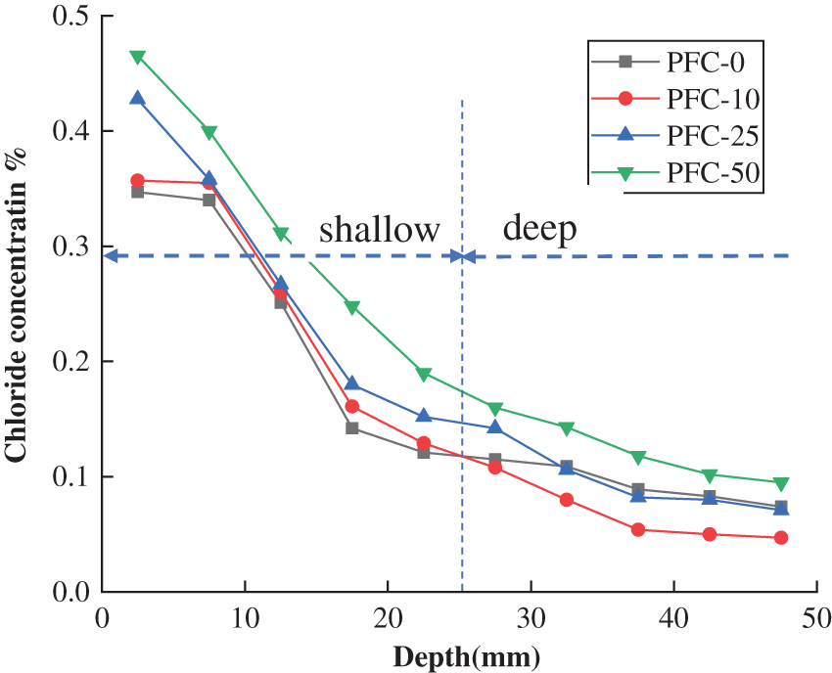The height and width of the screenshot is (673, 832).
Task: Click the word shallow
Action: pos(380,230)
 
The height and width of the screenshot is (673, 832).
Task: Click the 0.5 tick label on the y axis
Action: pos(68,17)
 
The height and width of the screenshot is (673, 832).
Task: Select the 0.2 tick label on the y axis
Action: pos(68,362)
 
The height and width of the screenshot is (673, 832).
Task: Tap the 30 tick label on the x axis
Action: pos(531,620)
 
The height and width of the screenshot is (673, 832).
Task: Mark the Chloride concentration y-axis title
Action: pos(17,303)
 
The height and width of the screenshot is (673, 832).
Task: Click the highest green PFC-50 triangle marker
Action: pos(138,57)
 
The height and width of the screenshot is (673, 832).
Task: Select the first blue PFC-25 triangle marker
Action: pos(138,98)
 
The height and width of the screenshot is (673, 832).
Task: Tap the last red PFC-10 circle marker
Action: pos(781,538)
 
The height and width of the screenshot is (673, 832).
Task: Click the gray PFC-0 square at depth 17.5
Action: pos(352,427)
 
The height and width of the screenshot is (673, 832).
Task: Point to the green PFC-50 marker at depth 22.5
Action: pos(424,374)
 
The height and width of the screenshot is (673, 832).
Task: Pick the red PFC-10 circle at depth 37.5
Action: pos(638,530)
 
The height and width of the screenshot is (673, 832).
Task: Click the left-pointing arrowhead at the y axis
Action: pos(111,256)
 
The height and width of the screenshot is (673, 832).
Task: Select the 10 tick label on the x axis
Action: pos(244,620)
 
